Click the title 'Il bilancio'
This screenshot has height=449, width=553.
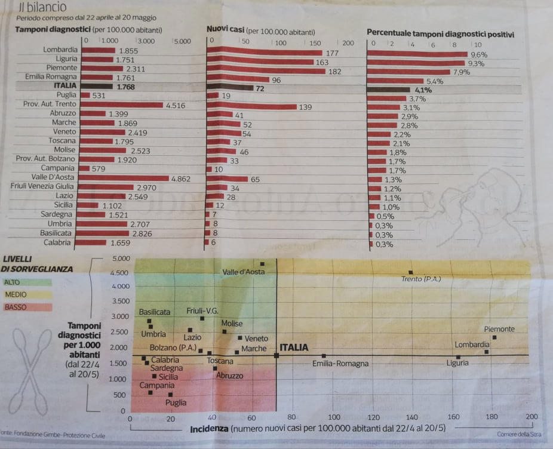tap(42, 7)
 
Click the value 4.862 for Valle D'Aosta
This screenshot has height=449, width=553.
tap(182, 179)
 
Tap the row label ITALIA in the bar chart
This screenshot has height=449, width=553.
tap(65, 85)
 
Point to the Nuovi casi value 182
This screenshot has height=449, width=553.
tap(334, 72)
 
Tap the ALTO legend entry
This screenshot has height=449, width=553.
tap(11, 282)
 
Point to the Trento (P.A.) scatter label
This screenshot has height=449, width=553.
tap(420, 279)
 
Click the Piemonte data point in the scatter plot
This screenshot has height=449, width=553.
tap(494, 338)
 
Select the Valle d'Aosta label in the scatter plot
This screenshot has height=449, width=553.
tap(243, 272)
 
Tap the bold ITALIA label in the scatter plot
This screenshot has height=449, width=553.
tap(294, 347)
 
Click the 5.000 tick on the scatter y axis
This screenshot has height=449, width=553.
tap(121, 259)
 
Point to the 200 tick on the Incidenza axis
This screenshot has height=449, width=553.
tap(531, 417)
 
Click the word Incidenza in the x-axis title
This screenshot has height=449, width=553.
tap(208, 429)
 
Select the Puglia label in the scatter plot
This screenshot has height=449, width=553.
tap(176, 402)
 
